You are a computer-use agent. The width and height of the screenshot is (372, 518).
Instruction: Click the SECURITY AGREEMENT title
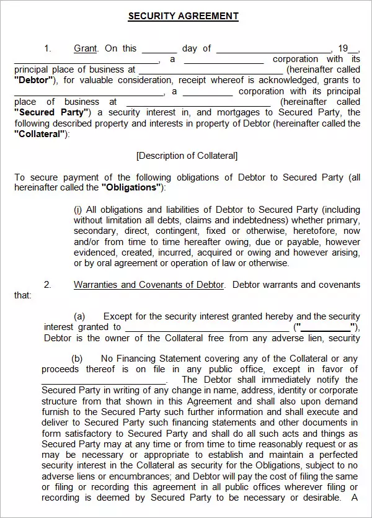[183, 17]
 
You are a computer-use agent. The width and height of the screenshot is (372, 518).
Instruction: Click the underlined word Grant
[86, 48]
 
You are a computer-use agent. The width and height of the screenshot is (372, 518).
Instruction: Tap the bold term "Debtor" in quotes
[34, 81]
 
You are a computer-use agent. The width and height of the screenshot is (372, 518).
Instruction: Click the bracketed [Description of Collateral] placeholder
[187, 156]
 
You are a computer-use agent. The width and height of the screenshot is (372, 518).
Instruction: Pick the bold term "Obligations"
[131, 187]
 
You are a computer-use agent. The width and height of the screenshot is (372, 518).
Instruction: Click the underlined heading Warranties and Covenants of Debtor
[149, 285]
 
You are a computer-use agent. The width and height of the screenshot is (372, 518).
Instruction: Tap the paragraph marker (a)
[79, 316]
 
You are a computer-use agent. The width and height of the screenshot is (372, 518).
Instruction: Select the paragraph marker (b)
[77, 359]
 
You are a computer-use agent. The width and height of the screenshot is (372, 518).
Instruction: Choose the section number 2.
[47, 285]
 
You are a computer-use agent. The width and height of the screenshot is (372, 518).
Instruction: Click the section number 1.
[47, 48]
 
